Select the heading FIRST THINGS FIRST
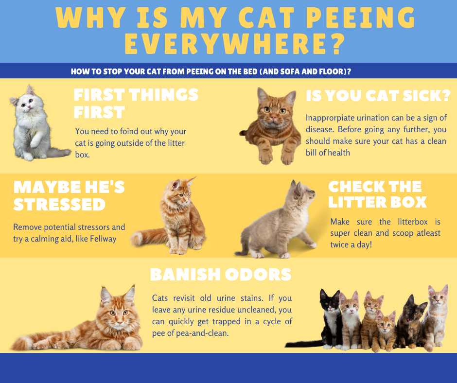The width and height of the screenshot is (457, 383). (x=136, y=103)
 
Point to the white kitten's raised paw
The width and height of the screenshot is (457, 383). (x=35, y=143)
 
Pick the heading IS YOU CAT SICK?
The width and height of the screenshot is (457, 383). (x=378, y=96)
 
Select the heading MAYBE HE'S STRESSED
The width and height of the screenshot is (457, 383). (x=69, y=195)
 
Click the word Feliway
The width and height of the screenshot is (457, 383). (x=103, y=239)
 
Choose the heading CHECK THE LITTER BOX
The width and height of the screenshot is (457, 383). (x=377, y=194)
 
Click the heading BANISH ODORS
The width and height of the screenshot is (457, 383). (x=221, y=275)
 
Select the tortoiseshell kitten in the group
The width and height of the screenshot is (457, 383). (x=410, y=321)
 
